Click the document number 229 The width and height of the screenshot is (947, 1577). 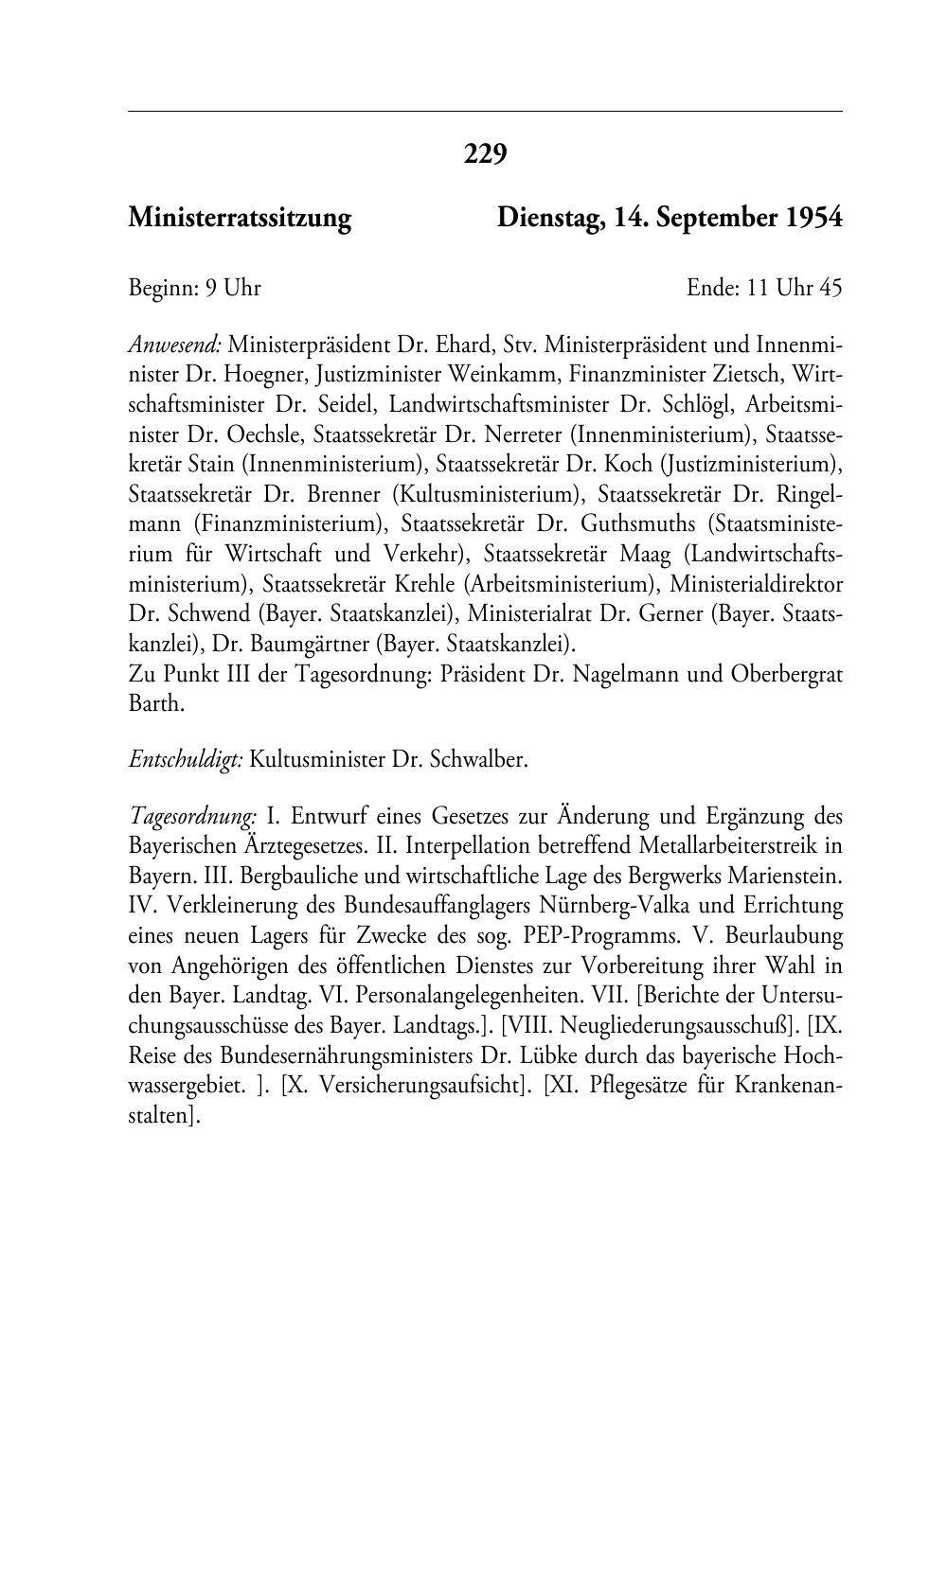click(x=485, y=153)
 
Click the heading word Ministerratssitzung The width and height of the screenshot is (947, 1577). click(x=240, y=219)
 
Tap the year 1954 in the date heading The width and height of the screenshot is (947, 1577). click(x=813, y=219)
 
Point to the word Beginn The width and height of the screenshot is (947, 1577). click(x=160, y=288)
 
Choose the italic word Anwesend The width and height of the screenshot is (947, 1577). click(x=174, y=344)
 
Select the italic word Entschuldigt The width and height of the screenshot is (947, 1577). click(x=186, y=760)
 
